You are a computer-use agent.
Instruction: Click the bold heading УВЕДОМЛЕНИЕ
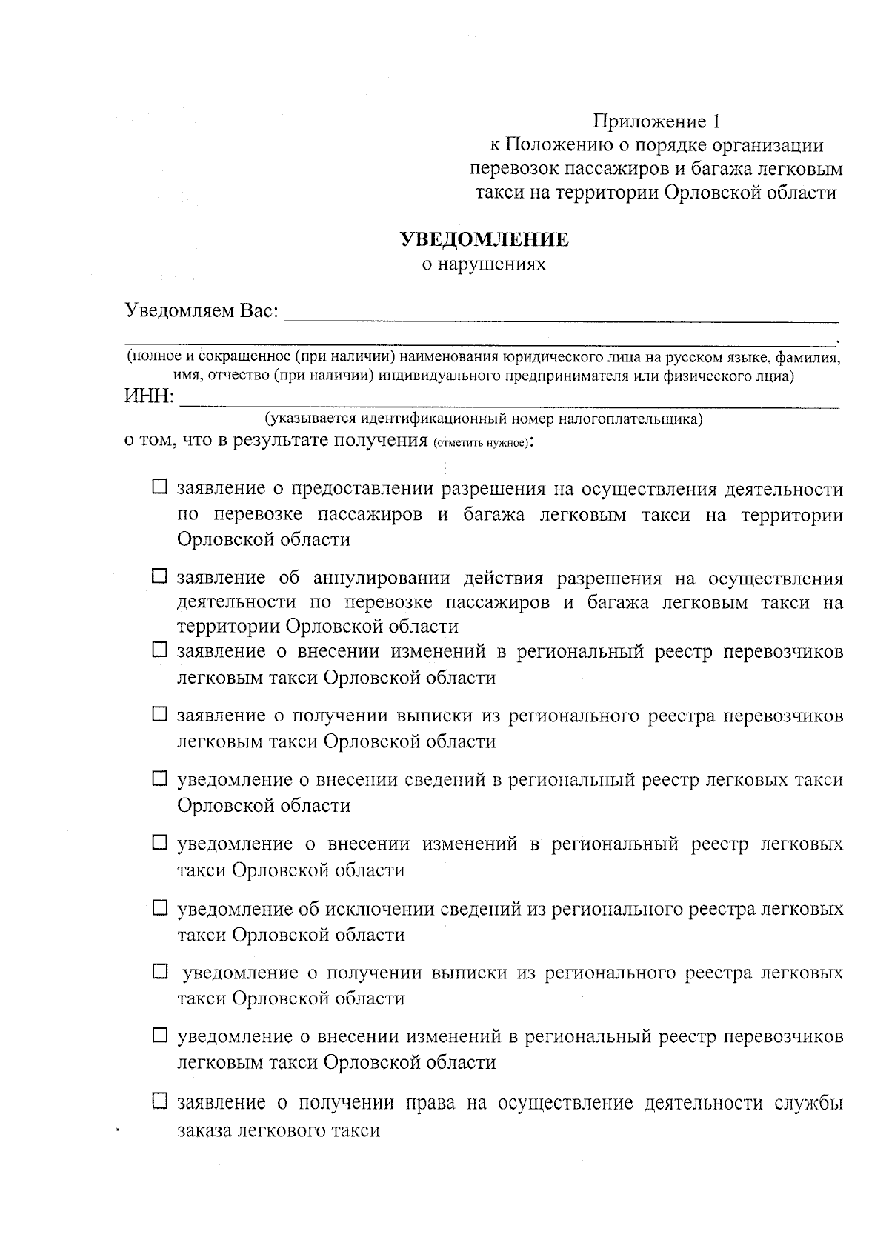click(x=485, y=239)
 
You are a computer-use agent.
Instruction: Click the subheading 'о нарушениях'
click(x=485, y=264)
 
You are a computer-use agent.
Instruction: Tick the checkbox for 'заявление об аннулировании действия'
click(x=160, y=576)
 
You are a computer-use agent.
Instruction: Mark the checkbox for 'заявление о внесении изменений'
click(x=160, y=650)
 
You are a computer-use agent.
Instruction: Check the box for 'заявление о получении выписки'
click(x=160, y=715)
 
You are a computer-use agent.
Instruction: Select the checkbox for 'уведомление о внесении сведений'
click(x=160, y=778)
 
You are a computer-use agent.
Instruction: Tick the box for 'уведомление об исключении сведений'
click(x=160, y=907)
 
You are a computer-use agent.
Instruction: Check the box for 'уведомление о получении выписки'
click(x=160, y=971)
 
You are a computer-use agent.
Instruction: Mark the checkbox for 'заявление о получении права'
click(x=160, y=1101)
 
